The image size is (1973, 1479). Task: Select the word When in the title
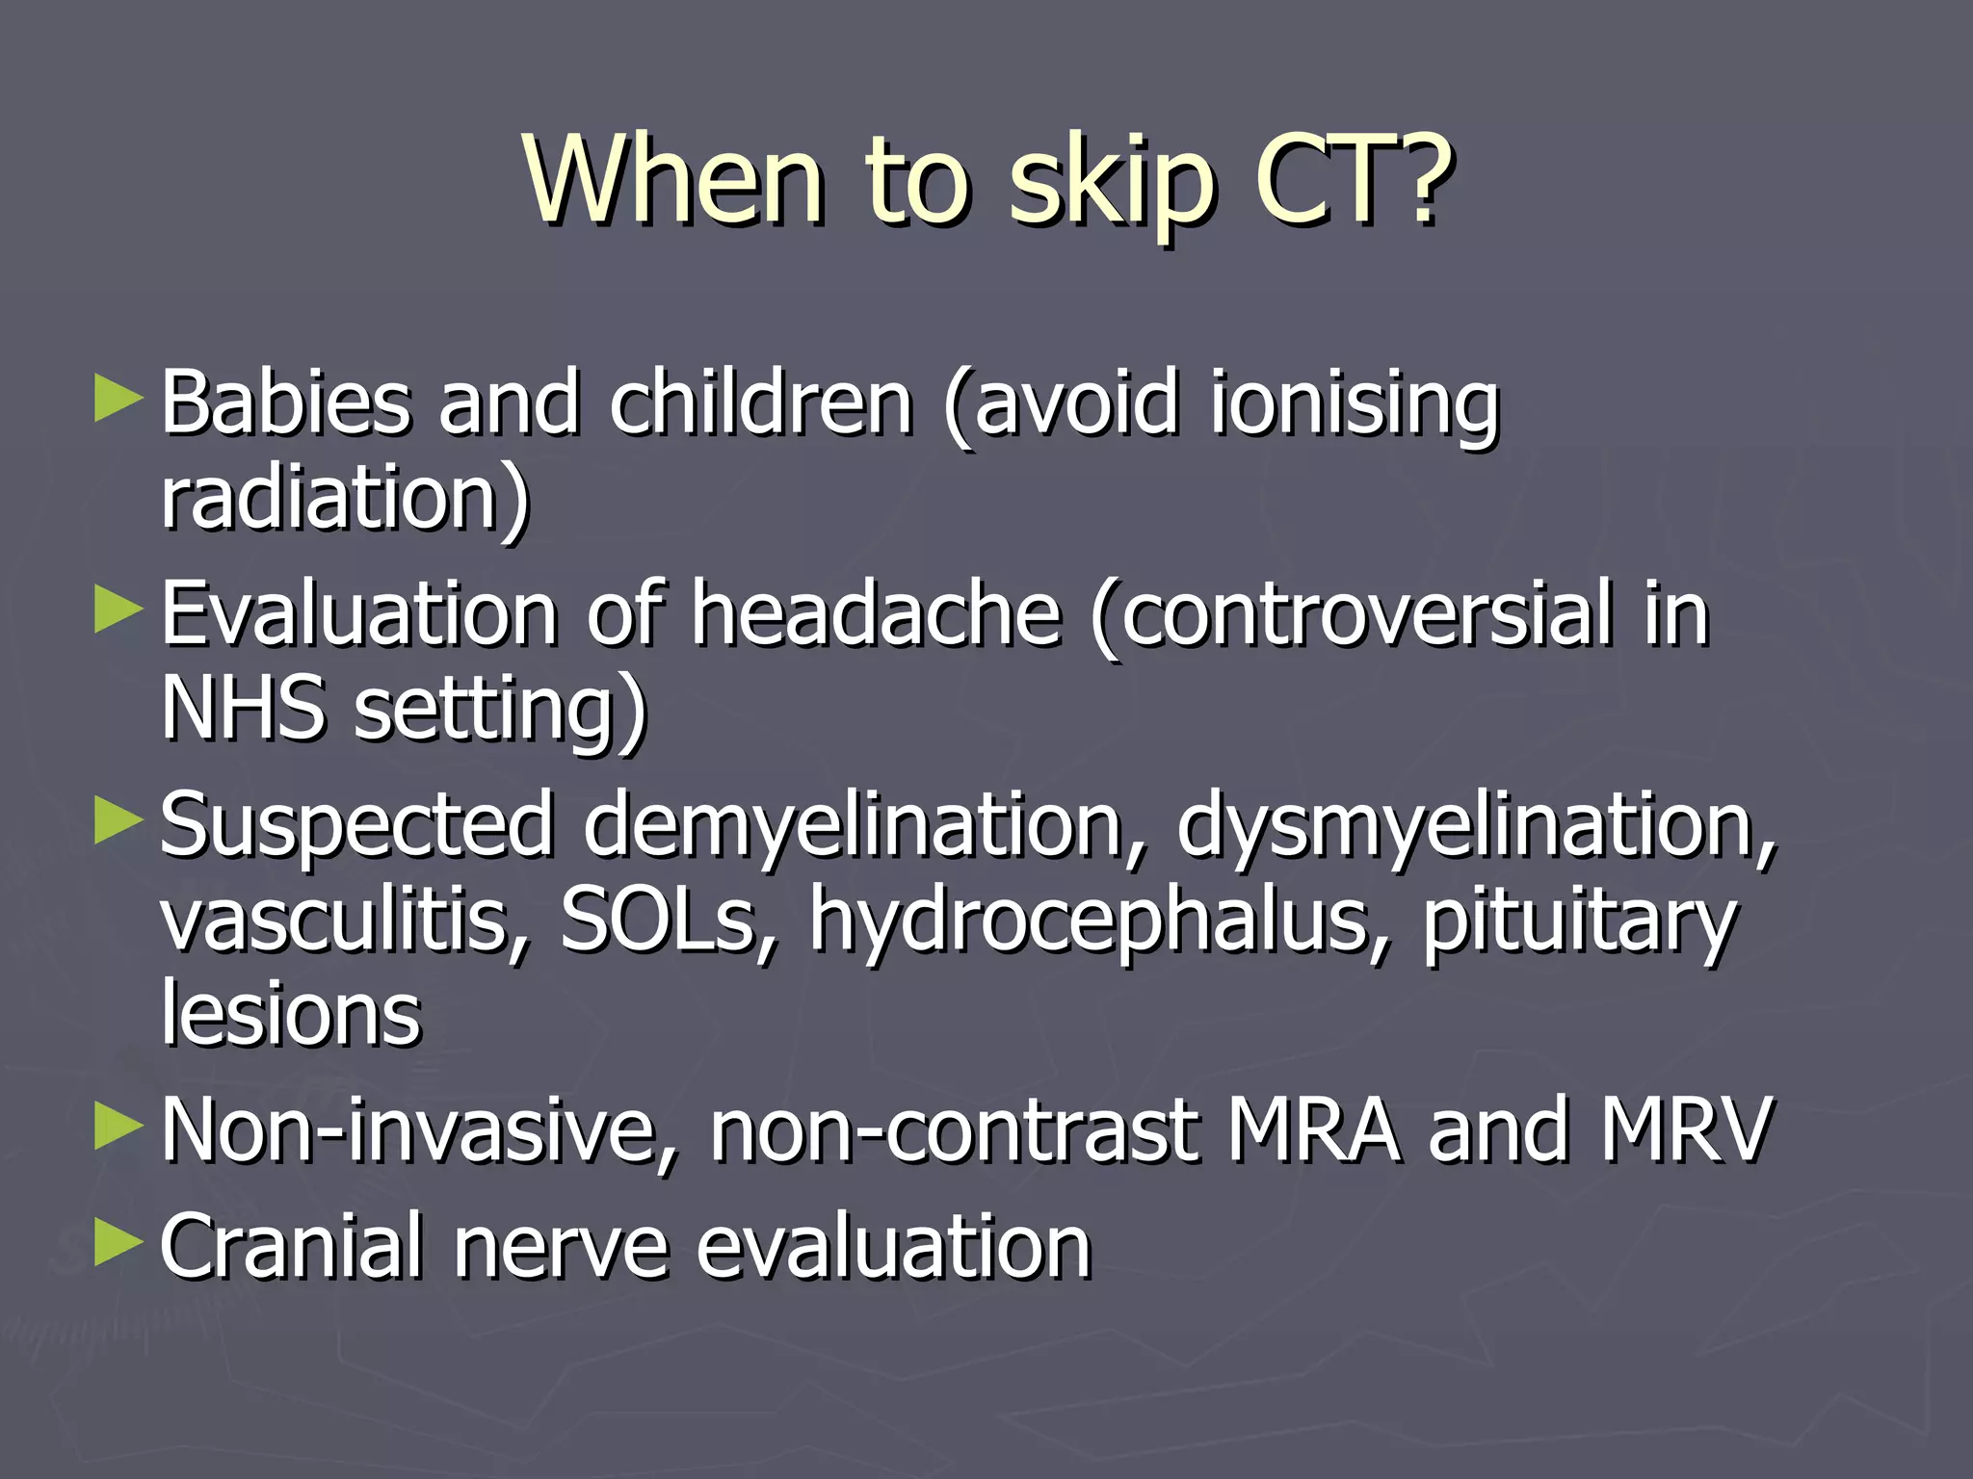pyautogui.click(x=674, y=178)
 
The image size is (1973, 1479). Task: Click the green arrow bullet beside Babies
pyautogui.click(x=118, y=400)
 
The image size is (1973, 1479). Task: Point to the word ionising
pyautogui.click(x=1354, y=404)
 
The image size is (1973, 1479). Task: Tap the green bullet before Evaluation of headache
pyautogui.click(x=118, y=611)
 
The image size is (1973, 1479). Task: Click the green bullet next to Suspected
pyautogui.click(x=118, y=823)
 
